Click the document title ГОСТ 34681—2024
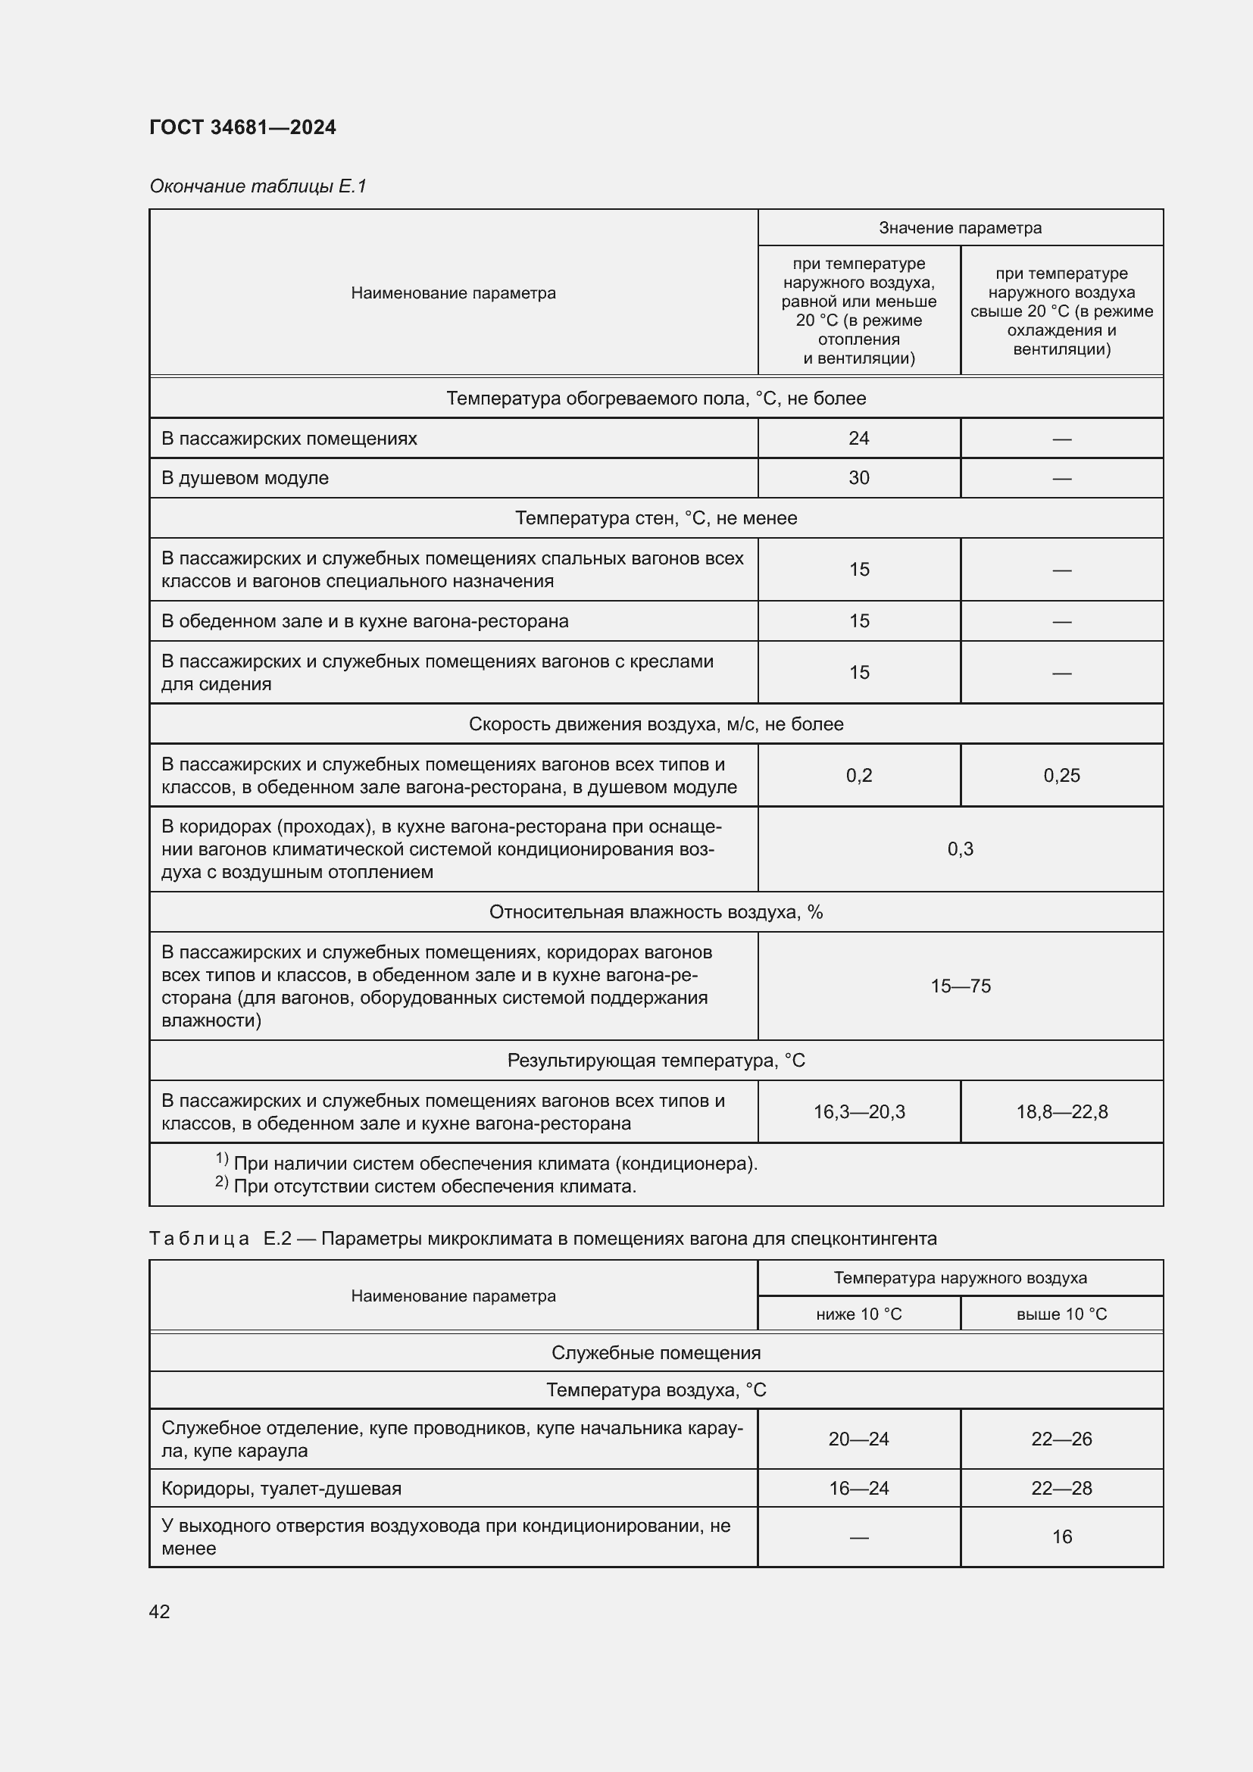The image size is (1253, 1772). click(242, 127)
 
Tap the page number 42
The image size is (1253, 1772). click(159, 1611)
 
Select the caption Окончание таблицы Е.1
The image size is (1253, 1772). click(258, 186)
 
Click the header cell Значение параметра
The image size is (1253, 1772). click(960, 228)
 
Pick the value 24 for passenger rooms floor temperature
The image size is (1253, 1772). click(859, 439)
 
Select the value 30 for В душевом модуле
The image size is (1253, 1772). click(859, 478)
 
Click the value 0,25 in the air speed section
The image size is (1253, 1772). click(1061, 776)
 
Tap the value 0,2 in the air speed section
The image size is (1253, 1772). click(859, 776)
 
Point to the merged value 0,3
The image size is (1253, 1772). click(960, 849)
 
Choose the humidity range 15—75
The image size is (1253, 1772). click(960, 986)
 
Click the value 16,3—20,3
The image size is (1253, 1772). click(859, 1112)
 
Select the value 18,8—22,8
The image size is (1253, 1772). click(1061, 1112)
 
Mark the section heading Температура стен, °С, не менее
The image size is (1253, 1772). click(656, 518)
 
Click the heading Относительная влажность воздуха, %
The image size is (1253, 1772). click(656, 912)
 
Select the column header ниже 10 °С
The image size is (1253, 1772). click(859, 1314)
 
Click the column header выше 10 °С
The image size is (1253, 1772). click(1061, 1314)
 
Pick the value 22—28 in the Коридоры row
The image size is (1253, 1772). click(1061, 1488)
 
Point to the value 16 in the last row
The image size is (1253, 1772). click(1061, 1536)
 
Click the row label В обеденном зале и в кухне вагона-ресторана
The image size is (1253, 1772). click(365, 621)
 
